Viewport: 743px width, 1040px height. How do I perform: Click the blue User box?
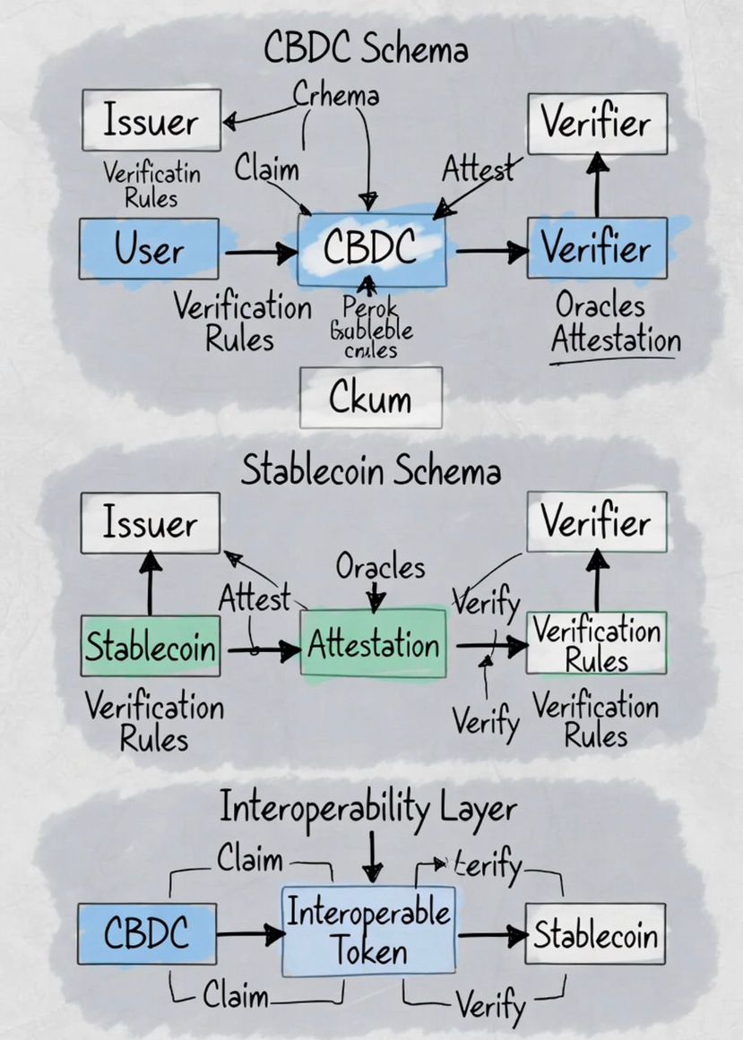click(x=149, y=249)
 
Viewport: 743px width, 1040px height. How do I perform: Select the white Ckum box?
click(x=370, y=397)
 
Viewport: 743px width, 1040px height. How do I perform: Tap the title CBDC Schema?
click(x=366, y=48)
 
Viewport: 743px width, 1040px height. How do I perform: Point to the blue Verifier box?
click(x=597, y=248)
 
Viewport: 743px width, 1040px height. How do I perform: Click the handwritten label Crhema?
click(x=336, y=94)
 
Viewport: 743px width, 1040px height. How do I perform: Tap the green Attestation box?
click(x=373, y=645)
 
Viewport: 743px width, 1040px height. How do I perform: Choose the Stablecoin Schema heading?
click(x=370, y=470)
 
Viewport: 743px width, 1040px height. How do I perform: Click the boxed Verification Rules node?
click(x=596, y=644)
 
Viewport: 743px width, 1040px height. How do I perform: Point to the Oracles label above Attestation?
click(x=380, y=566)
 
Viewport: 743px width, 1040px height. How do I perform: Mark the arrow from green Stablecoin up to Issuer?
click(x=150, y=583)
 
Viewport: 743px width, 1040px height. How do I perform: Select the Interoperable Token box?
click(x=369, y=932)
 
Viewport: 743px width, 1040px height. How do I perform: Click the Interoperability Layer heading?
click(x=368, y=809)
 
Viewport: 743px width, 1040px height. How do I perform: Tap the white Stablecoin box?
click(x=595, y=935)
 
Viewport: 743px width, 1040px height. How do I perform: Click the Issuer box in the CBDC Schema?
click(x=151, y=119)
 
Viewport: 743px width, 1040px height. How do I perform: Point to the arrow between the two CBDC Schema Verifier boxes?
click(x=597, y=185)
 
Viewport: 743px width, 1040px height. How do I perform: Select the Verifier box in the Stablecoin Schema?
click(x=596, y=520)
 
